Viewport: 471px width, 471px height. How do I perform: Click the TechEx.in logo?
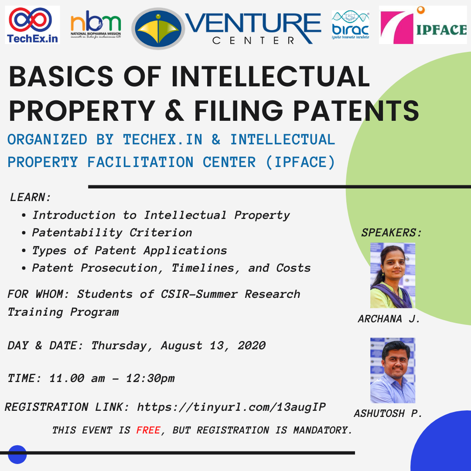pos(32,25)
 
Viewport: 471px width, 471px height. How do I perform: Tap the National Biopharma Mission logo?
pos(96,26)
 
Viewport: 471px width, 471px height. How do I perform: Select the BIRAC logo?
pos(350,25)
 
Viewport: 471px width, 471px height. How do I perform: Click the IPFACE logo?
pos(423,25)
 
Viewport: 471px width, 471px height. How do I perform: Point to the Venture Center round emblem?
pos(158,28)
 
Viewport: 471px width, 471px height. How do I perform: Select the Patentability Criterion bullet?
pos(112,232)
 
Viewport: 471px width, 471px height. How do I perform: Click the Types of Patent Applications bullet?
pos(130,250)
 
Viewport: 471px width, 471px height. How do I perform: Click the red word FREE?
pos(148,430)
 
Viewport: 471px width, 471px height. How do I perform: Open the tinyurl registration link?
pos(231,407)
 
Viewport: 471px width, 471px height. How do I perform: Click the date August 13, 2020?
pos(213,345)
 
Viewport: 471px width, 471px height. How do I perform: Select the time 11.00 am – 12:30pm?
pos(112,378)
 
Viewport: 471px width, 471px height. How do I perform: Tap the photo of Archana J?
pos(392,275)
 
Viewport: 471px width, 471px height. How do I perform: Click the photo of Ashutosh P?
pos(392,370)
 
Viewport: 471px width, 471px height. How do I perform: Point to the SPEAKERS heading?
pos(391,232)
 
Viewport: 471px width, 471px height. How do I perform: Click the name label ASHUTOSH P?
pos(388,413)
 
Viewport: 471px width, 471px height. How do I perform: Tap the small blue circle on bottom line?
pos(17,454)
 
